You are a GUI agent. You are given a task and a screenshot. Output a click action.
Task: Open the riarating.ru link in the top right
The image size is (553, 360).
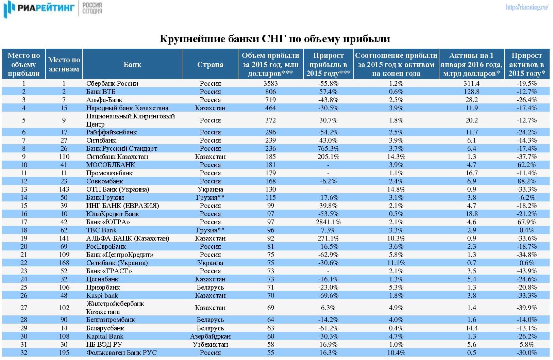click(527, 7)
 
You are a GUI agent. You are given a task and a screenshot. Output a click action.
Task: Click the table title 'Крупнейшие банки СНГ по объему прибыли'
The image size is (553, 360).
click(275, 38)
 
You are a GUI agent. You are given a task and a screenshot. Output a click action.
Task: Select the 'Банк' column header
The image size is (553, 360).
click(132, 64)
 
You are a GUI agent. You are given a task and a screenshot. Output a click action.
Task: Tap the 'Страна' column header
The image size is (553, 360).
click(210, 64)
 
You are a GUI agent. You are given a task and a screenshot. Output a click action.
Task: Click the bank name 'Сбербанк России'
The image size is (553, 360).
click(112, 83)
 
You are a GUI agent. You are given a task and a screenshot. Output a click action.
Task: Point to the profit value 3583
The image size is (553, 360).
click(271, 83)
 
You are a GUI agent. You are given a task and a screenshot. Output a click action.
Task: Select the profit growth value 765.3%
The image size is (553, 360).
click(328, 148)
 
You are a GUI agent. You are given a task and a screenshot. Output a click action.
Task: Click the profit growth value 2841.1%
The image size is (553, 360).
click(328, 222)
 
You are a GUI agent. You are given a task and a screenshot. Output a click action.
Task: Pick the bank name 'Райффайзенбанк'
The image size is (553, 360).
click(111, 132)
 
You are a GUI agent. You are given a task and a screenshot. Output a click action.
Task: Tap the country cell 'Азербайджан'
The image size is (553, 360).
click(210, 336)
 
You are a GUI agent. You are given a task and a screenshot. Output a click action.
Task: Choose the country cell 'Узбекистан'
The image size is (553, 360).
click(210, 344)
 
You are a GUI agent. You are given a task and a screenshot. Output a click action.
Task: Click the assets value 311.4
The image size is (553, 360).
click(471, 83)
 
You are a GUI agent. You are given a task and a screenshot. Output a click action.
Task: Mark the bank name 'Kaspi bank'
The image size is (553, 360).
click(102, 296)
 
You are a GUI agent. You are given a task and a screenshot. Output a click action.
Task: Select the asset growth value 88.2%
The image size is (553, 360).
click(526, 181)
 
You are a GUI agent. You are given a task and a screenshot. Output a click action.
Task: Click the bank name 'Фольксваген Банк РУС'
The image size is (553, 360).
click(121, 353)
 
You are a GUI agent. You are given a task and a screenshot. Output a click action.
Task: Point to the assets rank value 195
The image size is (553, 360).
click(64, 353)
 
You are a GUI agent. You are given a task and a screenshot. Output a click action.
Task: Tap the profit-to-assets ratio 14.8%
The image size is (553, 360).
click(396, 190)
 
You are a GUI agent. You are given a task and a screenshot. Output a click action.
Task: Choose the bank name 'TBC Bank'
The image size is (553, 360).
click(101, 230)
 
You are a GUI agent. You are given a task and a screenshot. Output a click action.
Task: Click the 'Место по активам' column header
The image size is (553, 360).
click(64, 64)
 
